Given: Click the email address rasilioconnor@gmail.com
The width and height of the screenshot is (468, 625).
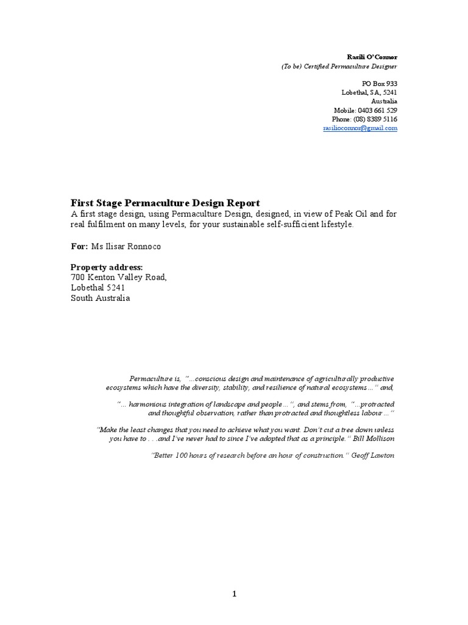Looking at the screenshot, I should (360, 129).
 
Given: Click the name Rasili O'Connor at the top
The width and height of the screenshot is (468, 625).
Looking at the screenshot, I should (372, 57).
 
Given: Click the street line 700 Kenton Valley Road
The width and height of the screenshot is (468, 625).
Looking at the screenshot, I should (118, 277).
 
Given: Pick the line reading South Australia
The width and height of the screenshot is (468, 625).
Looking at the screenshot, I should (100, 298).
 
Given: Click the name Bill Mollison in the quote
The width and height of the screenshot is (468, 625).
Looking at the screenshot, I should (372, 438).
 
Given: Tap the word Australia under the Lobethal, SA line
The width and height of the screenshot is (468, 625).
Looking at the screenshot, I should (384, 101).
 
